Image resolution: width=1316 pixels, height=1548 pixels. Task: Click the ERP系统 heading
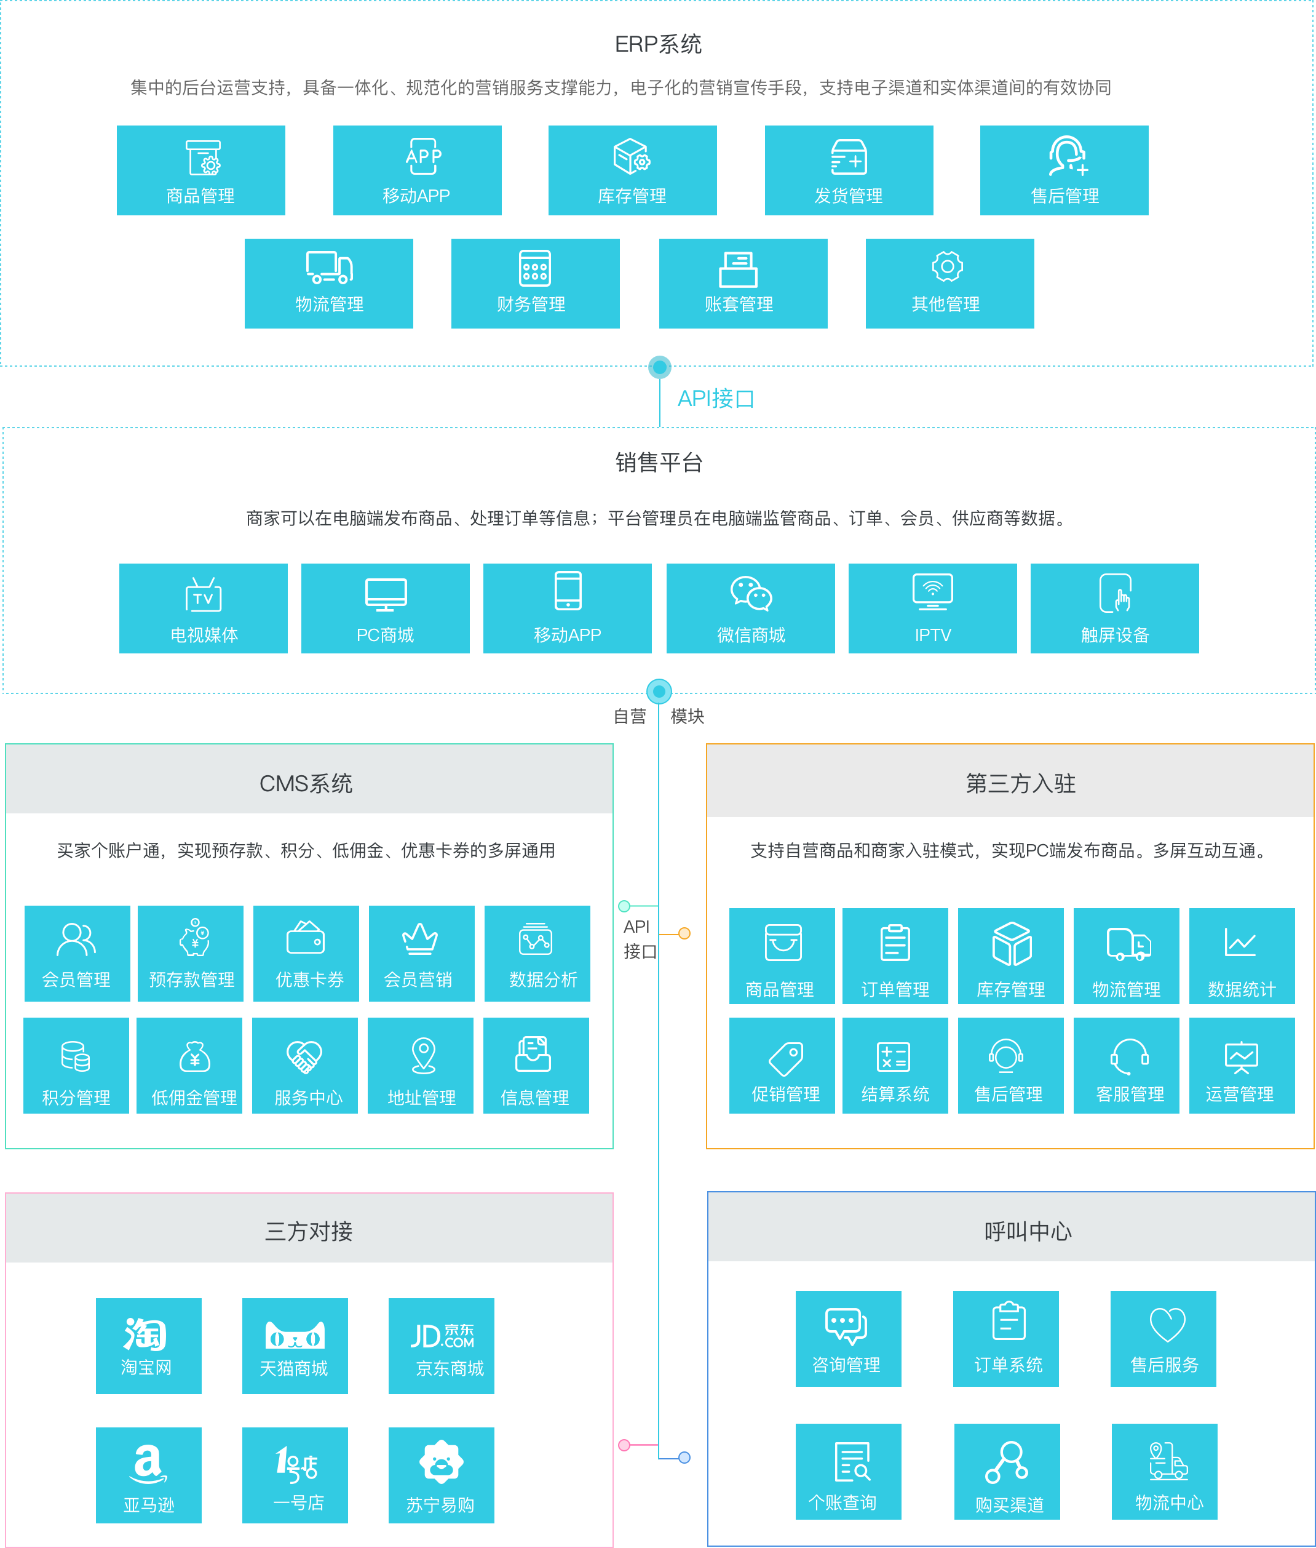coord(657,44)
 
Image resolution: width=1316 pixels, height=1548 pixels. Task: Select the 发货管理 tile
coord(848,170)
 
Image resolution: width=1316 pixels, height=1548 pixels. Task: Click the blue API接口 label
coord(715,399)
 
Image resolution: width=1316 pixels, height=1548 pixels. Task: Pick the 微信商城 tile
coord(750,608)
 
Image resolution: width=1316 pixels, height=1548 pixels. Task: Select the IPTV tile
coord(932,608)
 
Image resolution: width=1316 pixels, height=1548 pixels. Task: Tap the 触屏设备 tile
coord(1114,608)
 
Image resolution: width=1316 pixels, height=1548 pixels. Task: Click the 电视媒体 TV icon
coord(203,595)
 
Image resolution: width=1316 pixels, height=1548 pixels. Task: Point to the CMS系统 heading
coord(306,783)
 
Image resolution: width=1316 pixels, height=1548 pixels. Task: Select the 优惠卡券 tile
coord(306,953)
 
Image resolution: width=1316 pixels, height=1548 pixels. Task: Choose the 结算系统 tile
coord(895,1065)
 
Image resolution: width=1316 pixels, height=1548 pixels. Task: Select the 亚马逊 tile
coord(148,1475)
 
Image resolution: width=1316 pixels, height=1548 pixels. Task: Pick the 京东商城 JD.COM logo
coord(442,1335)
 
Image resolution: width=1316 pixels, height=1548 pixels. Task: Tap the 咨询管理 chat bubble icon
coord(846,1325)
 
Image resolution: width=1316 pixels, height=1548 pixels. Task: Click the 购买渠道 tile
coord(1007,1471)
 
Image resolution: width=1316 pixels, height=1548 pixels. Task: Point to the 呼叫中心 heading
coord(1028,1231)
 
